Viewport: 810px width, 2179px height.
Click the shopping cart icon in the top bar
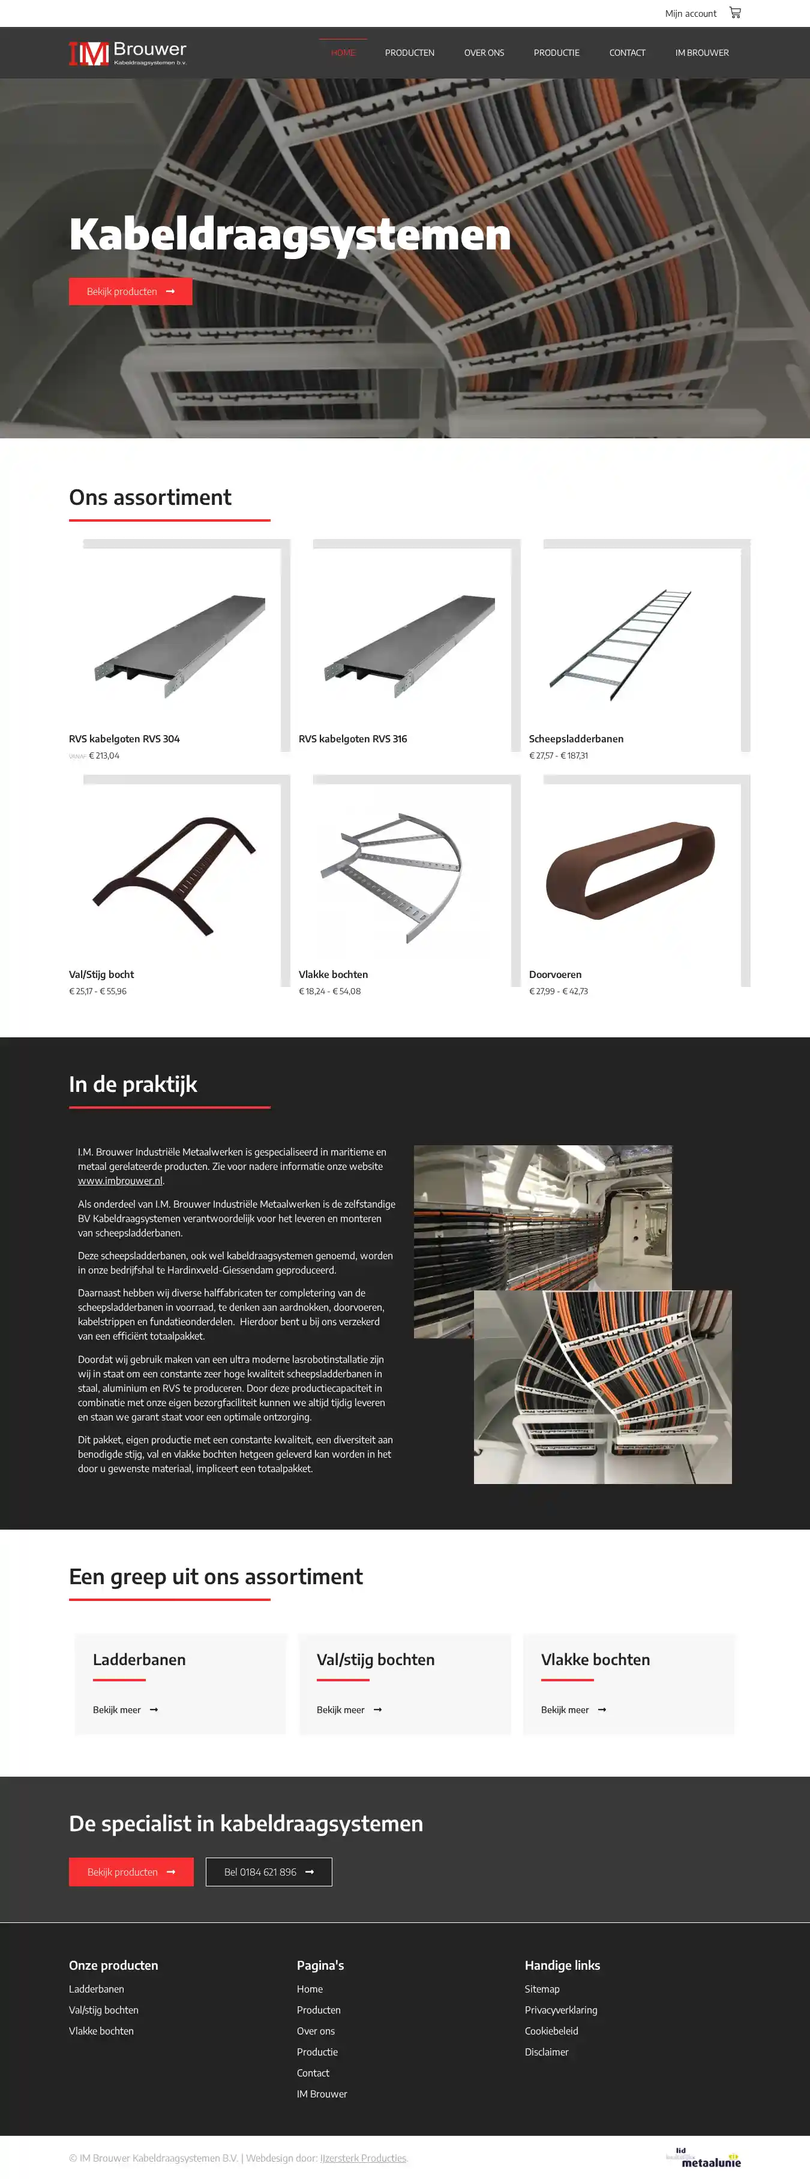point(734,13)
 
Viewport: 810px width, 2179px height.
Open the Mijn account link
point(690,14)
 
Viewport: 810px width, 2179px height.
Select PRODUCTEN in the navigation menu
point(410,52)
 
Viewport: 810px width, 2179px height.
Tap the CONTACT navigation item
point(627,52)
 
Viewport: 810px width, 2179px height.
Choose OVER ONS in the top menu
point(484,52)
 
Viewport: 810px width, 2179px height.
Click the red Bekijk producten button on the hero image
point(130,291)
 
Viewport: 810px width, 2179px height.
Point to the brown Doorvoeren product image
point(631,871)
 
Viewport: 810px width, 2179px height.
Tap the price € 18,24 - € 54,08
point(329,991)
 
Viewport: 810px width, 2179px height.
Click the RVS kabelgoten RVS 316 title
point(353,739)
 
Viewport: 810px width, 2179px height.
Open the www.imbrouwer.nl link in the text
point(120,1181)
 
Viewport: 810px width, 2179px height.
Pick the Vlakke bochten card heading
point(595,1660)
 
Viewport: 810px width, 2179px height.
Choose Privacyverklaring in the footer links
point(561,2010)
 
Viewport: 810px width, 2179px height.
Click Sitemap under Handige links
point(542,1989)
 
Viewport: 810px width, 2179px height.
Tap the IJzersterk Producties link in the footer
point(363,2158)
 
